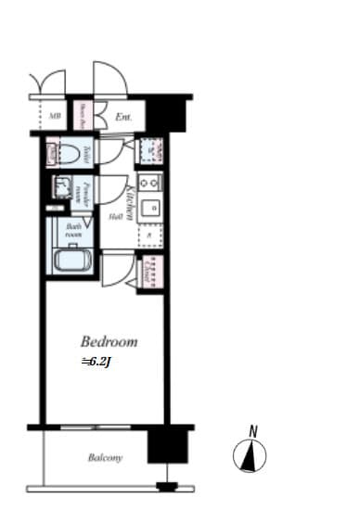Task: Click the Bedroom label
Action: [109, 341]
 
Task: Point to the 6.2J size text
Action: [97, 361]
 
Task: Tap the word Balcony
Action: [105, 457]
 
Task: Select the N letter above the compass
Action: [252, 430]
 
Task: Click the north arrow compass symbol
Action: [251, 454]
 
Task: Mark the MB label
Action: [55, 117]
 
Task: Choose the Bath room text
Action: [74, 230]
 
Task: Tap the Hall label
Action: [116, 217]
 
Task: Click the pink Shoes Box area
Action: [81, 116]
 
